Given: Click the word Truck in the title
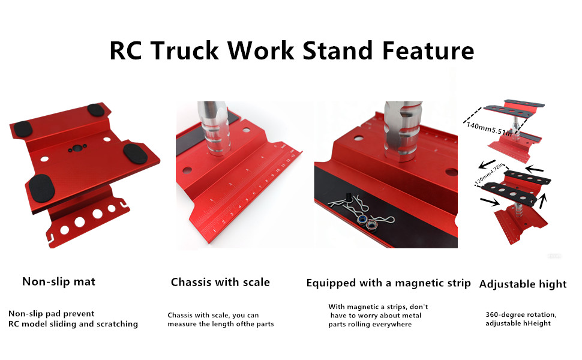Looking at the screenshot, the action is point(185,50).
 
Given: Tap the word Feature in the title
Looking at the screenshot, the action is point(428,50).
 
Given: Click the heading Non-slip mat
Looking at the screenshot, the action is point(59,281).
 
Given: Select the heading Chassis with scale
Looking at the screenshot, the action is point(220,282).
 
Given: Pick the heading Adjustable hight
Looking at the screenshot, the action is point(523,284).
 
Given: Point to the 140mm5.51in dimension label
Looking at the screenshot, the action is point(489,128).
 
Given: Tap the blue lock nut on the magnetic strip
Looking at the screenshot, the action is point(362,220).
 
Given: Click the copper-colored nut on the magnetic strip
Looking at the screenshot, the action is point(371,224).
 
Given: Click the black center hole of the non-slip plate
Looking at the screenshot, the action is point(77,148).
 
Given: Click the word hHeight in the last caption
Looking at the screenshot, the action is point(537,323).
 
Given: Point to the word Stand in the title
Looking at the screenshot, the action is point(338,50).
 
